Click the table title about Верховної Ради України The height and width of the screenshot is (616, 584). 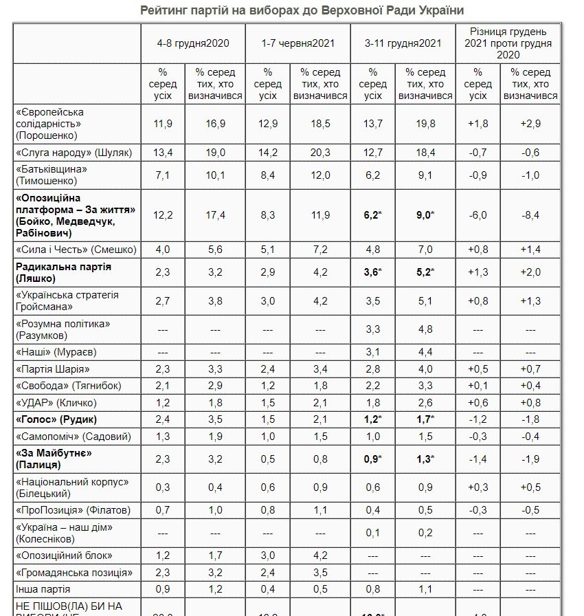(292, 10)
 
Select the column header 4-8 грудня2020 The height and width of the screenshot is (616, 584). (192, 43)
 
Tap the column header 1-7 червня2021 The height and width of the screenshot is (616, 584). (297, 43)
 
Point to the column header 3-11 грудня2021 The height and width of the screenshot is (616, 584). (403, 43)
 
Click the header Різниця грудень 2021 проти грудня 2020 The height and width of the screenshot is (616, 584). (508, 43)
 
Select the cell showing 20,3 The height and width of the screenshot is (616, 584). (320, 152)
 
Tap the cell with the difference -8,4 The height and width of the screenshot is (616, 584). (530, 215)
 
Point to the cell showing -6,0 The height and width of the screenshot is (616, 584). (478, 215)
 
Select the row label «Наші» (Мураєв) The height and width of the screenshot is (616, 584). (56, 352)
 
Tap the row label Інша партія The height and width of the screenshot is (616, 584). (43, 589)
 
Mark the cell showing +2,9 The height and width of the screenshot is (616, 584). (530, 123)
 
